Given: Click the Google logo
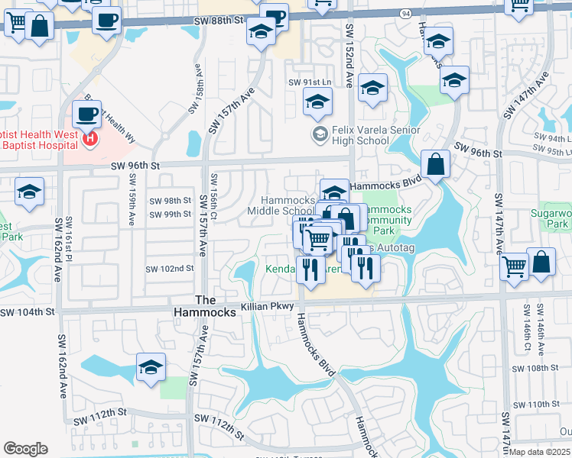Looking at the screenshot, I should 25,449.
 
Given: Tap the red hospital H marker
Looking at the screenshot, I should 91,139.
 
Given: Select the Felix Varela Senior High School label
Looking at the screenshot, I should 375,135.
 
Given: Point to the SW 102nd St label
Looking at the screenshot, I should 169,269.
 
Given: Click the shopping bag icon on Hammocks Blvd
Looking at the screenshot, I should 435,164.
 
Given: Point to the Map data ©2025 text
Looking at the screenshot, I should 540,452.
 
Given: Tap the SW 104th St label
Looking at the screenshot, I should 28,312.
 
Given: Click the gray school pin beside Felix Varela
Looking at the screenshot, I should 320,135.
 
